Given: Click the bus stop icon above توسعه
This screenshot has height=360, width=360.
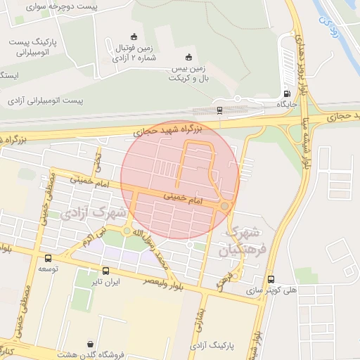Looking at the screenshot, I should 48,258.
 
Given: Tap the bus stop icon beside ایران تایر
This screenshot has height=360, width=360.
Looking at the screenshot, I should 105,271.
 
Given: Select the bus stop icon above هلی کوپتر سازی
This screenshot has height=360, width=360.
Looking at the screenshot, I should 271,278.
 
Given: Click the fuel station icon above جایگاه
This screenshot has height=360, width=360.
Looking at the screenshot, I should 286,94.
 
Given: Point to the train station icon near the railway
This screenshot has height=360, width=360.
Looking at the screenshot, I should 220,110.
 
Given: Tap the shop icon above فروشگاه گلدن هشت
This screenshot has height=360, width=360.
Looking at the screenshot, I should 90,344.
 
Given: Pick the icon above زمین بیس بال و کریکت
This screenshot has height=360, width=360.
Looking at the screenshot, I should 187,58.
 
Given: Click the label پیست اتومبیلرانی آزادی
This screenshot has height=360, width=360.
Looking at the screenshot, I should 45,101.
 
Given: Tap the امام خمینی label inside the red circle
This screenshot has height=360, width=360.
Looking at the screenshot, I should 181,199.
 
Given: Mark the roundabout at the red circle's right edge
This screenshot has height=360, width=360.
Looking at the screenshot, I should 224,206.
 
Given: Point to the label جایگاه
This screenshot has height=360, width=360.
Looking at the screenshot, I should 287,104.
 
